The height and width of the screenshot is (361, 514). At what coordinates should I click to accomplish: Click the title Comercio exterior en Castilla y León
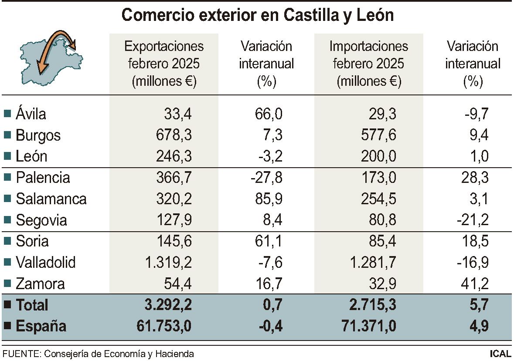click(257, 15)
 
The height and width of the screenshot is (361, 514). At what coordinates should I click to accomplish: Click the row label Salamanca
click(51, 199)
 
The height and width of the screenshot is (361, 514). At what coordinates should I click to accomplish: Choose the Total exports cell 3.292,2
click(169, 305)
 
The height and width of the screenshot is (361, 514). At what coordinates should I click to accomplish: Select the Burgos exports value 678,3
click(174, 135)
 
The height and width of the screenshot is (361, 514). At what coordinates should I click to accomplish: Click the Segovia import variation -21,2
click(473, 220)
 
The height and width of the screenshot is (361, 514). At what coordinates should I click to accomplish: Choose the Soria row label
click(32, 241)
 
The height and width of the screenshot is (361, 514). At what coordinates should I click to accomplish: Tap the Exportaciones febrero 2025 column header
click(164, 64)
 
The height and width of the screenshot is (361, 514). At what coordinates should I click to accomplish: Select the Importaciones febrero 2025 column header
click(369, 64)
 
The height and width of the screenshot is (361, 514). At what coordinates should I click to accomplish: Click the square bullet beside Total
click(7, 305)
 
